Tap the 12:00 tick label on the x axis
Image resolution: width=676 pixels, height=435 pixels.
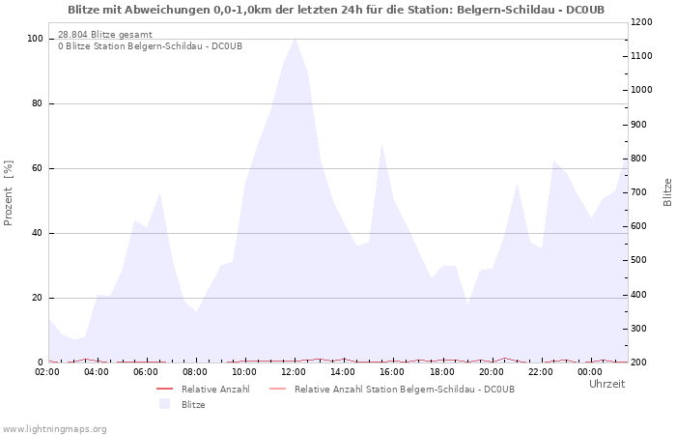coord(294,372)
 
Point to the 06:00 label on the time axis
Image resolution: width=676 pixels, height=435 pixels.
coord(146,372)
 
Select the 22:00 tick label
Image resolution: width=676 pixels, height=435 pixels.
coord(540,372)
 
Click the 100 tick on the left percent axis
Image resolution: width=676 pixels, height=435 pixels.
coord(35,39)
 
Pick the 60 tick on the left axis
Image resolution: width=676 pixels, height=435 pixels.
coord(38,168)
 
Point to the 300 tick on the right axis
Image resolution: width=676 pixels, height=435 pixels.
coord(640,329)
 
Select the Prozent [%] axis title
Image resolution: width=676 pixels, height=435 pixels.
coord(10,193)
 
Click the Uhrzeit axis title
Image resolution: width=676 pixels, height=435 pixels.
coord(606,384)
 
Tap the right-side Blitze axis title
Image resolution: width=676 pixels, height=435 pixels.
coord(667,191)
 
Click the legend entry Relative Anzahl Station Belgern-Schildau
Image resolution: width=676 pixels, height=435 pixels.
coord(404,389)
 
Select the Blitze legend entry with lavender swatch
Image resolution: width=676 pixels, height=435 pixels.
coord(193,404)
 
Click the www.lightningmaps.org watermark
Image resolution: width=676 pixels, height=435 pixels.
coord(54,428)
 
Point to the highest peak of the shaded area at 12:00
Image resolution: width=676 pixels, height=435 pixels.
coord(295,39)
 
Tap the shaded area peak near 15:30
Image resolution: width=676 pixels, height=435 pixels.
coord(382,146)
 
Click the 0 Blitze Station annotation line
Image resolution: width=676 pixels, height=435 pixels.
coord(150,46)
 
